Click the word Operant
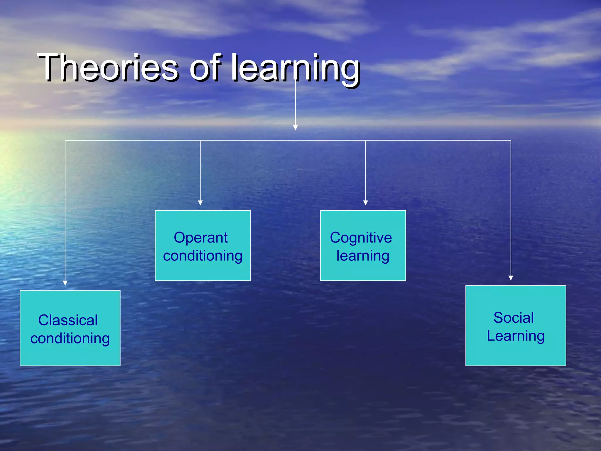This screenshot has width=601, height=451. click(x=200, y=238)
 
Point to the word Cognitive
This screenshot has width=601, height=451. click(x=361, y=238)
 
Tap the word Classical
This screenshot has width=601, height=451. click(x=68, y=320)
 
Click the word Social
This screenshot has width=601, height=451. click(x=514, y=318)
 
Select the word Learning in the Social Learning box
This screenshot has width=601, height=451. click(x=516, y=336)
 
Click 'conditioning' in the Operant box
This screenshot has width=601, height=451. click(x=202, y=256)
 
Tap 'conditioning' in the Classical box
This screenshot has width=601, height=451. click(x=70, y=339)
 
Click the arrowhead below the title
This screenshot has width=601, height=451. click(x=296, y=128)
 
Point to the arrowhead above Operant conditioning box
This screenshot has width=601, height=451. click(x=200, y=203)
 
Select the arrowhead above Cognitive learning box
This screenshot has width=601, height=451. click(x=366, y=203)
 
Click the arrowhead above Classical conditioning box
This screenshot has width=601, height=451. click(x=65, y=283)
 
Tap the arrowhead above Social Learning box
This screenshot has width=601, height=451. click(x=511, y=278)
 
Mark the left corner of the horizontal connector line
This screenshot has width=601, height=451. click(x=65, y=141)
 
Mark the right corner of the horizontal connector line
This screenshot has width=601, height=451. click(x=511, y=141)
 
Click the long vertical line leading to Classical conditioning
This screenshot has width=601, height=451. click(x=65, y=211)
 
